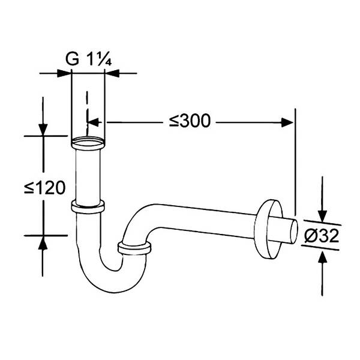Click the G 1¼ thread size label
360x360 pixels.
point(89,59)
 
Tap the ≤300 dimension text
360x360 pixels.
point(190,121)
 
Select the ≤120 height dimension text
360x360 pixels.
point(45,188)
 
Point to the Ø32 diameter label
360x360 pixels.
point(322,236)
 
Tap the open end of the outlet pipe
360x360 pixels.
point(294,232)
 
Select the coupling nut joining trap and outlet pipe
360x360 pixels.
point(134,248)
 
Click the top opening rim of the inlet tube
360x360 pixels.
point(88,143)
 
